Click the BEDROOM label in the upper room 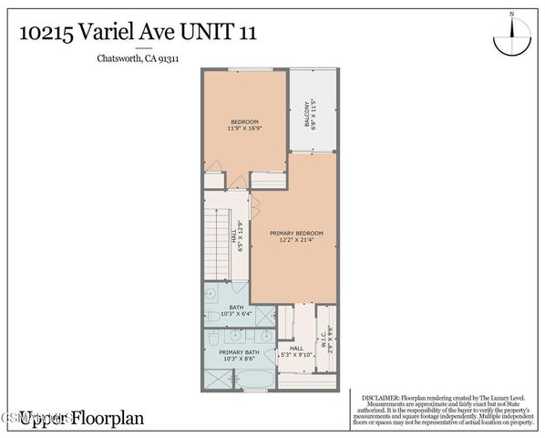point(244,121)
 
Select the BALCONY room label point(305,113)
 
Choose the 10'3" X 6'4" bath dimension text point(236,315)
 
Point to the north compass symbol point(511,37)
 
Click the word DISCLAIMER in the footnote point(380,399)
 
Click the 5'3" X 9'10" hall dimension point(296,355)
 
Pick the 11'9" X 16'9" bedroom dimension point(244,129)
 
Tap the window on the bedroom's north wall point(244,69)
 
